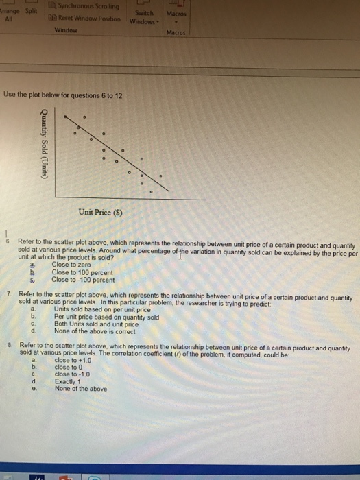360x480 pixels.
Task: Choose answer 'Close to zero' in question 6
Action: (71, 264)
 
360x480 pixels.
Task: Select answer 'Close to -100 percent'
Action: (83, 279)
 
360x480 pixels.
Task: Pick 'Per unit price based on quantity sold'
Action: (106, 317)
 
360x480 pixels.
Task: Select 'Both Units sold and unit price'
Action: (96, 324)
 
